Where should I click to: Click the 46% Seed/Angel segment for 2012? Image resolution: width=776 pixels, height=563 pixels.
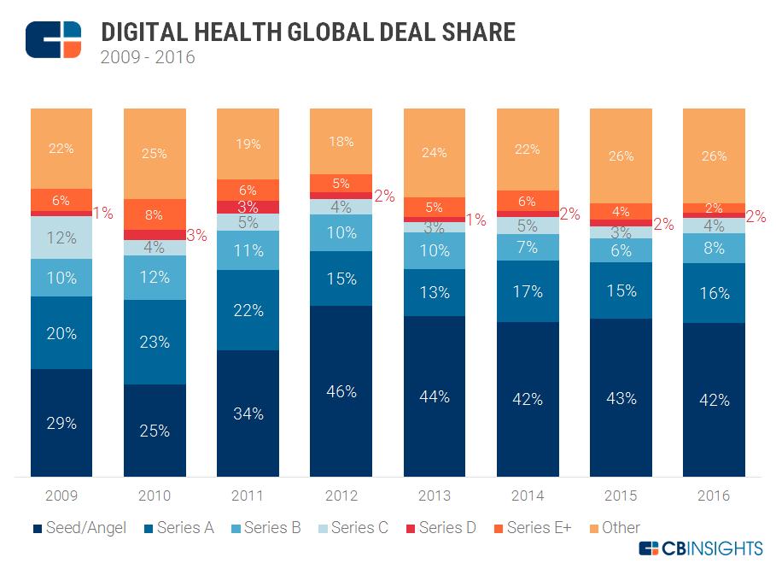click(341, 390)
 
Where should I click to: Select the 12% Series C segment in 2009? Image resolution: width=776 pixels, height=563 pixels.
click(61, 238)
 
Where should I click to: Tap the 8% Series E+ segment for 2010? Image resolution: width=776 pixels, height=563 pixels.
click(155, 214)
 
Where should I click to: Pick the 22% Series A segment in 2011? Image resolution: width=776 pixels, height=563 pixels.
click(248, 310)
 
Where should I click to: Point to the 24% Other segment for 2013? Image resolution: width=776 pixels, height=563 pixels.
click(434, 153)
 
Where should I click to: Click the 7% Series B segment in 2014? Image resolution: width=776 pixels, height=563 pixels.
click(527, 248)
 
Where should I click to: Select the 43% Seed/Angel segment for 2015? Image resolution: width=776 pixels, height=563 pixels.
click(620, 397)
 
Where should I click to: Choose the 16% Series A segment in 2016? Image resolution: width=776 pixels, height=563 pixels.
click(713, 293)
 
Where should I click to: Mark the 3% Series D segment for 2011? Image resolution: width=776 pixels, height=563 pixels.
click(248, 207)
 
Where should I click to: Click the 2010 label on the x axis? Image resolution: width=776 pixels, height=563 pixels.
click(155, 495)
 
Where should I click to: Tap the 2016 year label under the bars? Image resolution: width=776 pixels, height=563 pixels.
click(713, 495)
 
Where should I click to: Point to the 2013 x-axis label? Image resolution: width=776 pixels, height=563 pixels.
click(434, 495)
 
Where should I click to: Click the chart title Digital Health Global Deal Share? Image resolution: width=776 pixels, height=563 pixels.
click(308, 32)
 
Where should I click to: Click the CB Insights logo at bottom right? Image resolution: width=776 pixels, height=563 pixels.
click(700, 547)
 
